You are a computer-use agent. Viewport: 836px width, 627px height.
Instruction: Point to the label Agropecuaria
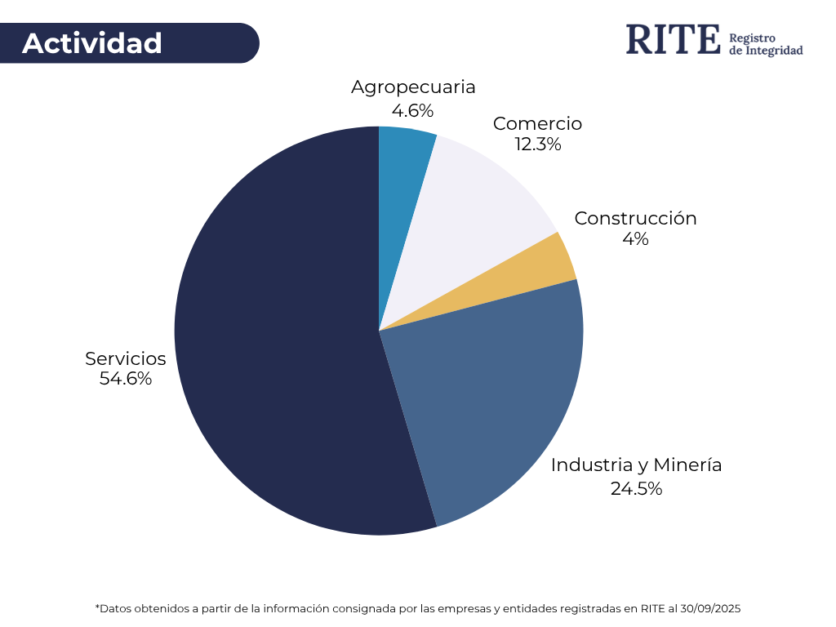click(x=413, y=87)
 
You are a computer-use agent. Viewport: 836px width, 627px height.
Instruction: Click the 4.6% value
click(x=412, y=110)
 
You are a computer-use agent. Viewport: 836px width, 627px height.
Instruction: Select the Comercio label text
click(x=537, y=124)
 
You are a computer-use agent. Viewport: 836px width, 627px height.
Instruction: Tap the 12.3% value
click(x=537, y=145)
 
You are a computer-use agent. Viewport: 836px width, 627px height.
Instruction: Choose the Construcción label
click(x=635, y=219)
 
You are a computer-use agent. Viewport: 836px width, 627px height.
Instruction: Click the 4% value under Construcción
click(x=635, y=239)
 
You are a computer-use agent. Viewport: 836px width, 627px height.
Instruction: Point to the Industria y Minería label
click(x=636, y=465)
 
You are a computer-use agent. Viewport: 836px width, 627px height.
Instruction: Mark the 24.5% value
click(x=636, y=489)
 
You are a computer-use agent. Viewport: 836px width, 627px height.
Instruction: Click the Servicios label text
click(x=126, y=359)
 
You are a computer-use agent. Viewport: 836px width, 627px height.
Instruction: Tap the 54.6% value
click(x=126, y=379)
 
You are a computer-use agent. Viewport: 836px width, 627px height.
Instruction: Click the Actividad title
click(x=92, y=43)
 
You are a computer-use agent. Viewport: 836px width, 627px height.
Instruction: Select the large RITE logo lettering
click(x=674, y=39)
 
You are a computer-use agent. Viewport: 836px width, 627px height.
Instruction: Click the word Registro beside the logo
click(x=751, y=38)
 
